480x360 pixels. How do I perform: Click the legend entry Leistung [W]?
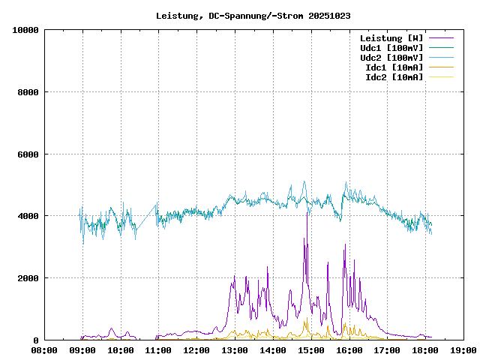click(x=391, y=38)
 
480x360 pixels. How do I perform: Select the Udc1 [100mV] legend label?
click(x=391, y=48)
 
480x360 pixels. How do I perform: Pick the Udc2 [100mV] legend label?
click(x=391, y=58)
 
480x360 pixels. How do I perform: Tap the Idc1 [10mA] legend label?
click(x=394, y=67)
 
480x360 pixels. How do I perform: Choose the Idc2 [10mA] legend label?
click(x=394, y=77)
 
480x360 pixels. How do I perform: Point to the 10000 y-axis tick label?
click(x=25, y=30)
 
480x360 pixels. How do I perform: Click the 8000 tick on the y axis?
click(x=28, y=92)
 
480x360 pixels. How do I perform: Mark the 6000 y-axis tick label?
click(x=28, y=154)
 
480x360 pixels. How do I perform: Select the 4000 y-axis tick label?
click(x=28, y=216)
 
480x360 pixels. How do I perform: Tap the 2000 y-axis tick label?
click(x=28, y=278)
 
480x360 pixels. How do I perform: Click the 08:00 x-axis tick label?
click(x=44, y=349)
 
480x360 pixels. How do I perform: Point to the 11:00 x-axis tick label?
click(x=158, y=349)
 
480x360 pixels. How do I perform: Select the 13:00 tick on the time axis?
click(x=235, y=349)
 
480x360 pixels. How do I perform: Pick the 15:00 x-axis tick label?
click(x=310, y=349)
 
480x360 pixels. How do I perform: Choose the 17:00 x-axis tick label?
click(x=387, y=349)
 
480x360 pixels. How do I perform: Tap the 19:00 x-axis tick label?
click(x=463, y=349)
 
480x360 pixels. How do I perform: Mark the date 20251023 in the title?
click(x=329, y=15)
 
